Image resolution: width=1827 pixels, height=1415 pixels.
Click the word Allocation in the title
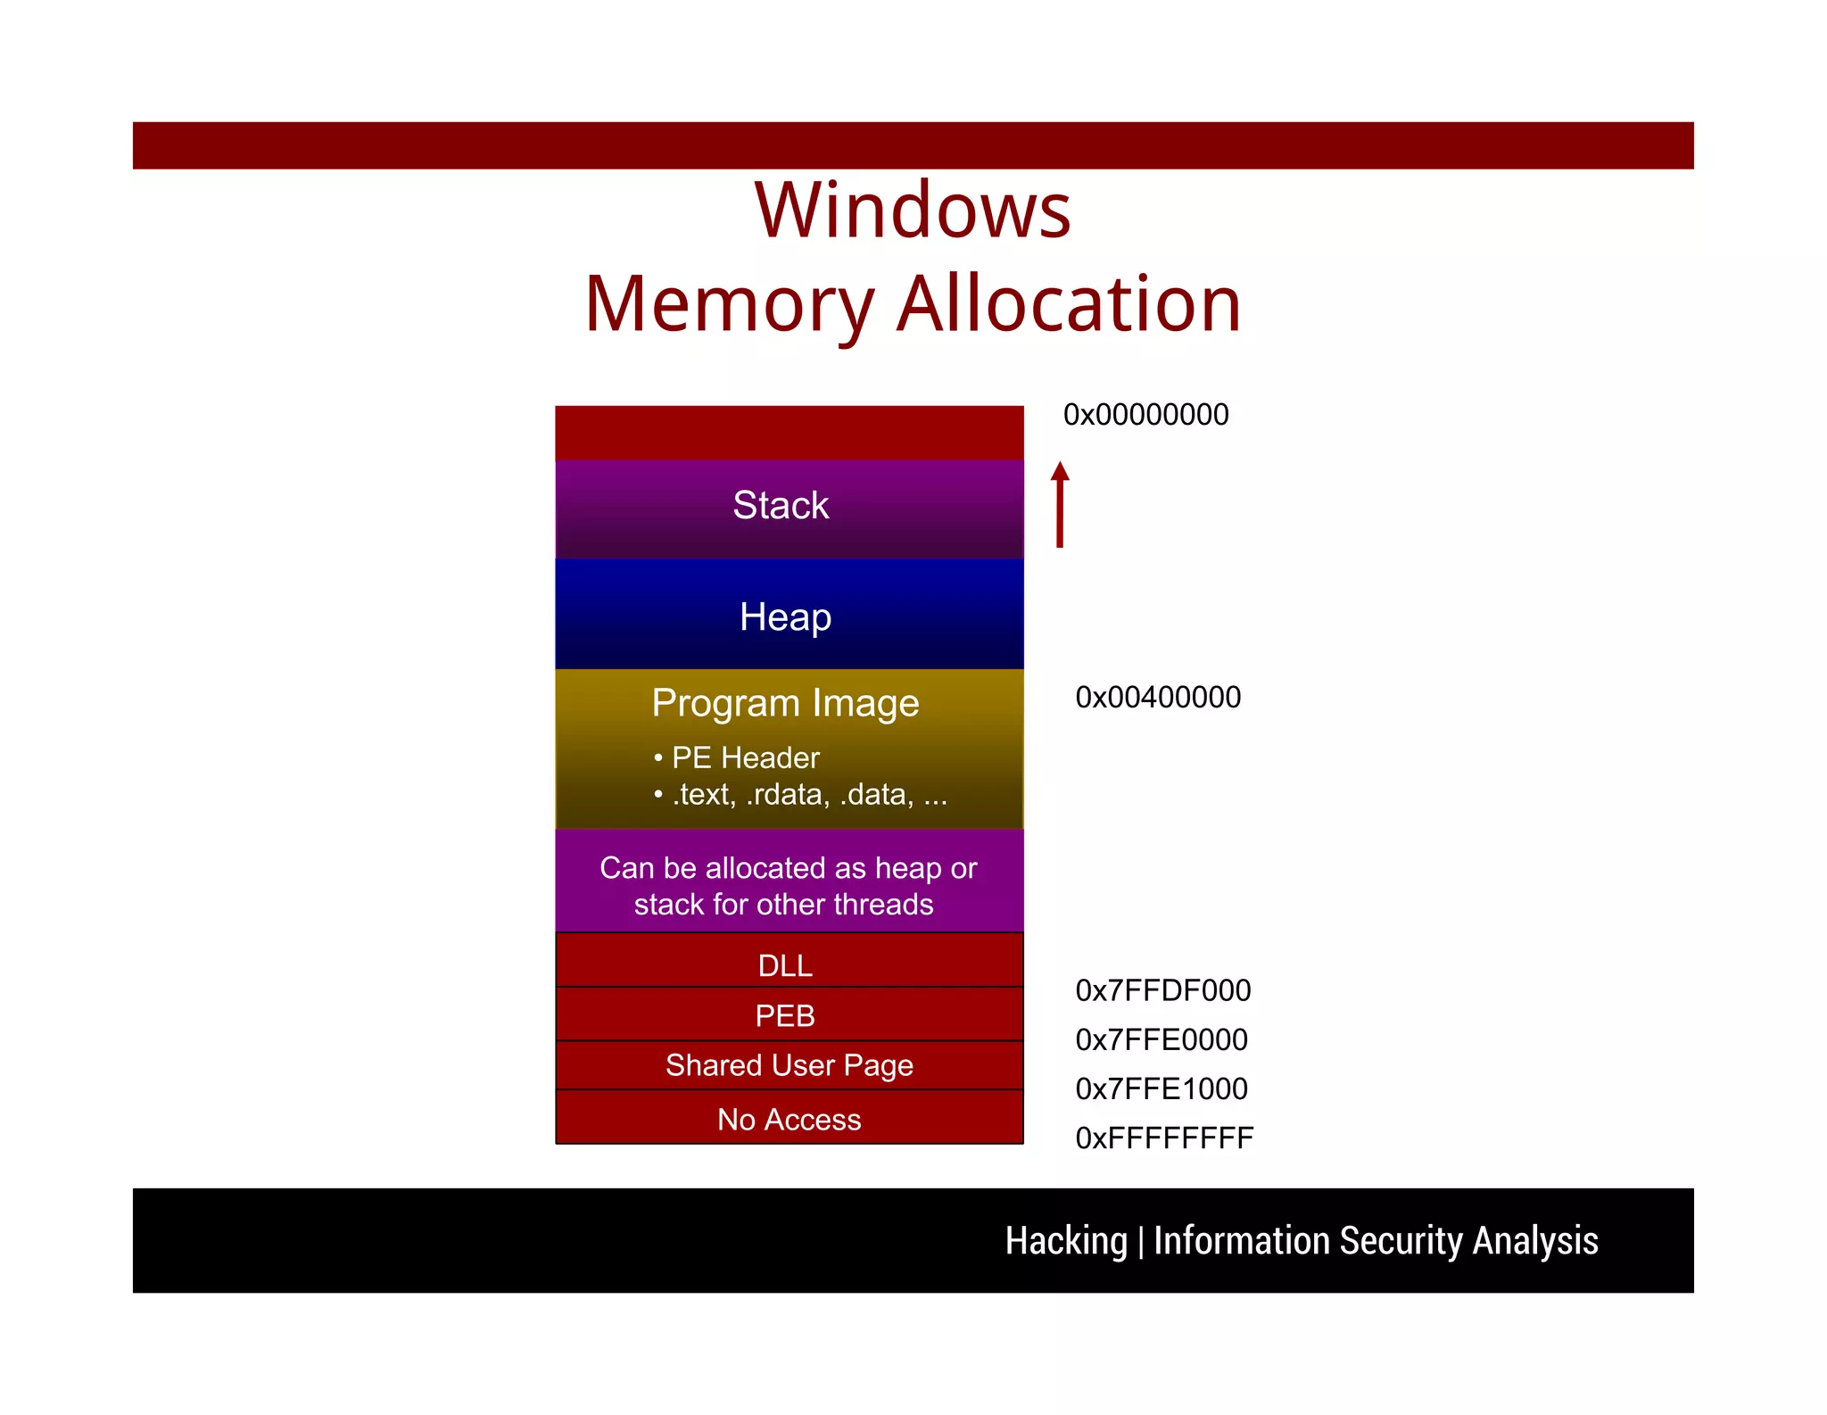(1069, 304)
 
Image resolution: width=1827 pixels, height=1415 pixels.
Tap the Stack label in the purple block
(781, 505)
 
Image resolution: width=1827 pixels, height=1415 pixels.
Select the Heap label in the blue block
(785, 617)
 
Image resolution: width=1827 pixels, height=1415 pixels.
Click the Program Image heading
(785, 703)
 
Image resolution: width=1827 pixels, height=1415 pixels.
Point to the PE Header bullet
(744, 757)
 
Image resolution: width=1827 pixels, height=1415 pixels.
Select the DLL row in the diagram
(785, 965)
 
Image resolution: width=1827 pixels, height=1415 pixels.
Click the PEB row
(785, 1015)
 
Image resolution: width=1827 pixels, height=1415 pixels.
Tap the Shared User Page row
(789, 1065)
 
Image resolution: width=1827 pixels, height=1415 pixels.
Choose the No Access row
(789, 1119)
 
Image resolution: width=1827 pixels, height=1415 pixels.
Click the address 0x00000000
(1145, 415)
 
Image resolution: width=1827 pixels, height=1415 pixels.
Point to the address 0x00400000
(1158, 697)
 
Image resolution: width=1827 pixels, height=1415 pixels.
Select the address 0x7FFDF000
(1162, 990)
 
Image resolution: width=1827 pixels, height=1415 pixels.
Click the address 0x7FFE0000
(1161, 1039)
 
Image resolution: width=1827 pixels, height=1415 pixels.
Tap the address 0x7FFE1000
(1161, 1088)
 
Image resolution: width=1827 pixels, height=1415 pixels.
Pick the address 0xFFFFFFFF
(1164, 1138)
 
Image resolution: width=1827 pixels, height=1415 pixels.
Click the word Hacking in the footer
(1066, 1241)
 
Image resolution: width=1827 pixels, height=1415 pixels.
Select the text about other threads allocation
(788, 886)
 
